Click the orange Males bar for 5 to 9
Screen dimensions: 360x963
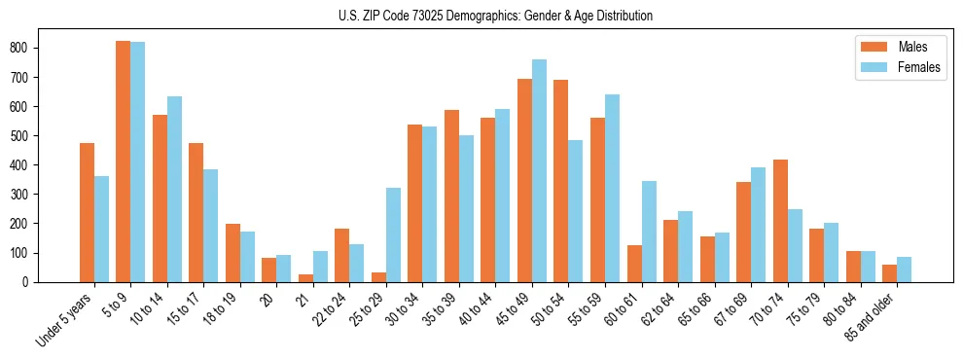click(124, 162)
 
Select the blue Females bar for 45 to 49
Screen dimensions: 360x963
click(539, 171)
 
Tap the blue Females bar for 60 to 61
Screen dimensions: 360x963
click(649, 232)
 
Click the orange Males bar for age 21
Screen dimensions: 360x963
click(305, 278)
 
